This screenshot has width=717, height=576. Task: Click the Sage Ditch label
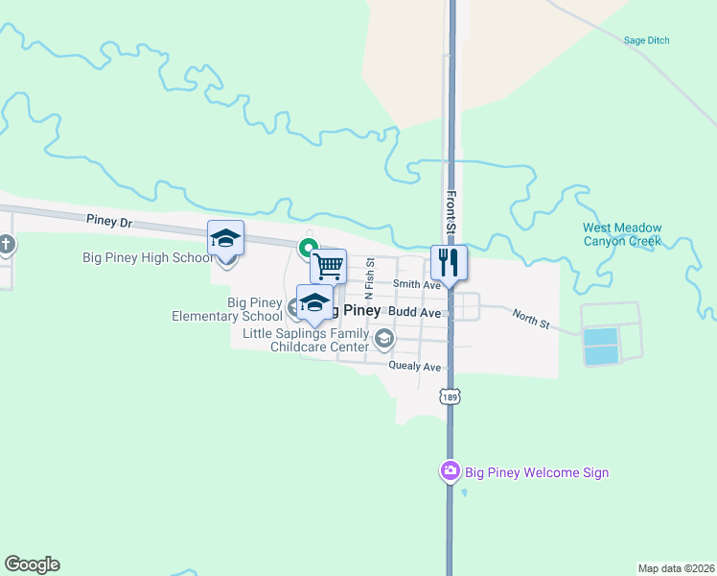(646, 40)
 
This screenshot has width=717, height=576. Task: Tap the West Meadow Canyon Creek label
(622, 234)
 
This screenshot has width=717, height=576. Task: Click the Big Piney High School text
(149, 257)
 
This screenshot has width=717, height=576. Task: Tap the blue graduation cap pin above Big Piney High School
(225, 237)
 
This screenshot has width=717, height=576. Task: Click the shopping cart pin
(329, 265)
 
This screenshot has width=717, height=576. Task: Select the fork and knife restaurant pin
(449, 261)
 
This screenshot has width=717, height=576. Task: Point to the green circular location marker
(309, 248)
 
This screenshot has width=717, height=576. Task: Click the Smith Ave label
(416, 284)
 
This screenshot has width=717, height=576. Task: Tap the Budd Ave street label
(417, 313)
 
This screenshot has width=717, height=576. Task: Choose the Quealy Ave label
(415, 367)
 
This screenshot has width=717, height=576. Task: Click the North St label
(530, 320)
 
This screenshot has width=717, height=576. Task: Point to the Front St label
(449, 213)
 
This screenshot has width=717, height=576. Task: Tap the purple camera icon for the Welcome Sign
(450, 470)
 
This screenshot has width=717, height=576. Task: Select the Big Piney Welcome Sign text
(537, 472)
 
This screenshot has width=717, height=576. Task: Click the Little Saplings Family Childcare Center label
(305, 339)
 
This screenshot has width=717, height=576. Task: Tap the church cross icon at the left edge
(6, 245)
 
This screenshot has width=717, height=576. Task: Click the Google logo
(32, 564)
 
